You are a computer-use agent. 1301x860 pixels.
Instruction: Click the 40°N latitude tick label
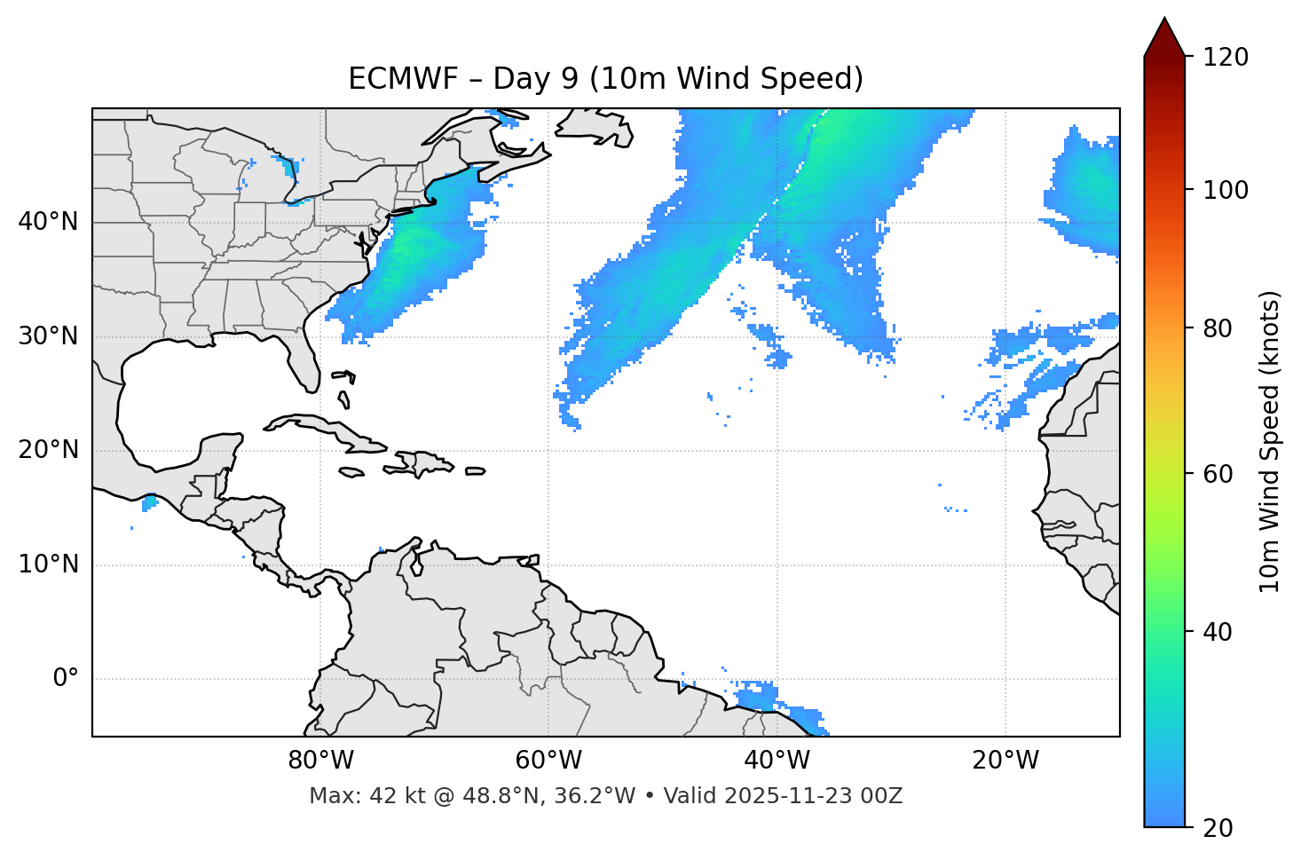pyautogui.click(x=48, y=222)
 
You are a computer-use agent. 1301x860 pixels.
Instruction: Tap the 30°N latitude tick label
pyautogui.click(x=48, y=336)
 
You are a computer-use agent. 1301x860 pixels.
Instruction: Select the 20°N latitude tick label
pyautogui.click(x=48, y=450)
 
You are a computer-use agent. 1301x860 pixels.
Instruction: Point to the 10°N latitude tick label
pyautogui.click(x=48, y=564)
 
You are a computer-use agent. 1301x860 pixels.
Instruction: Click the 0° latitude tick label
pyautogui.click(x=65, y=679)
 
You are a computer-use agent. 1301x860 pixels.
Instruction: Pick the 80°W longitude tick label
pyautogui.click(x=320, y=761)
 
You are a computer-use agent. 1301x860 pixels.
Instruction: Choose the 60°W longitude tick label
pyautogui.click(x=548, y=761)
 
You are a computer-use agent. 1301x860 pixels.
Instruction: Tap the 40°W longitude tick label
pyautogui.click(x=777, y=761)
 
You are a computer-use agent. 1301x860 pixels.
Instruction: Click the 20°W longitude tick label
pyautogui.click(x=1005, y=761)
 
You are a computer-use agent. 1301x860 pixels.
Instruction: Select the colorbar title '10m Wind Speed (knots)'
pyautogui.click(x=1270, y=442)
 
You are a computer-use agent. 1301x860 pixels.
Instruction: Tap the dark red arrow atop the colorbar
pyautogui.click(x=1164, y=38)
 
